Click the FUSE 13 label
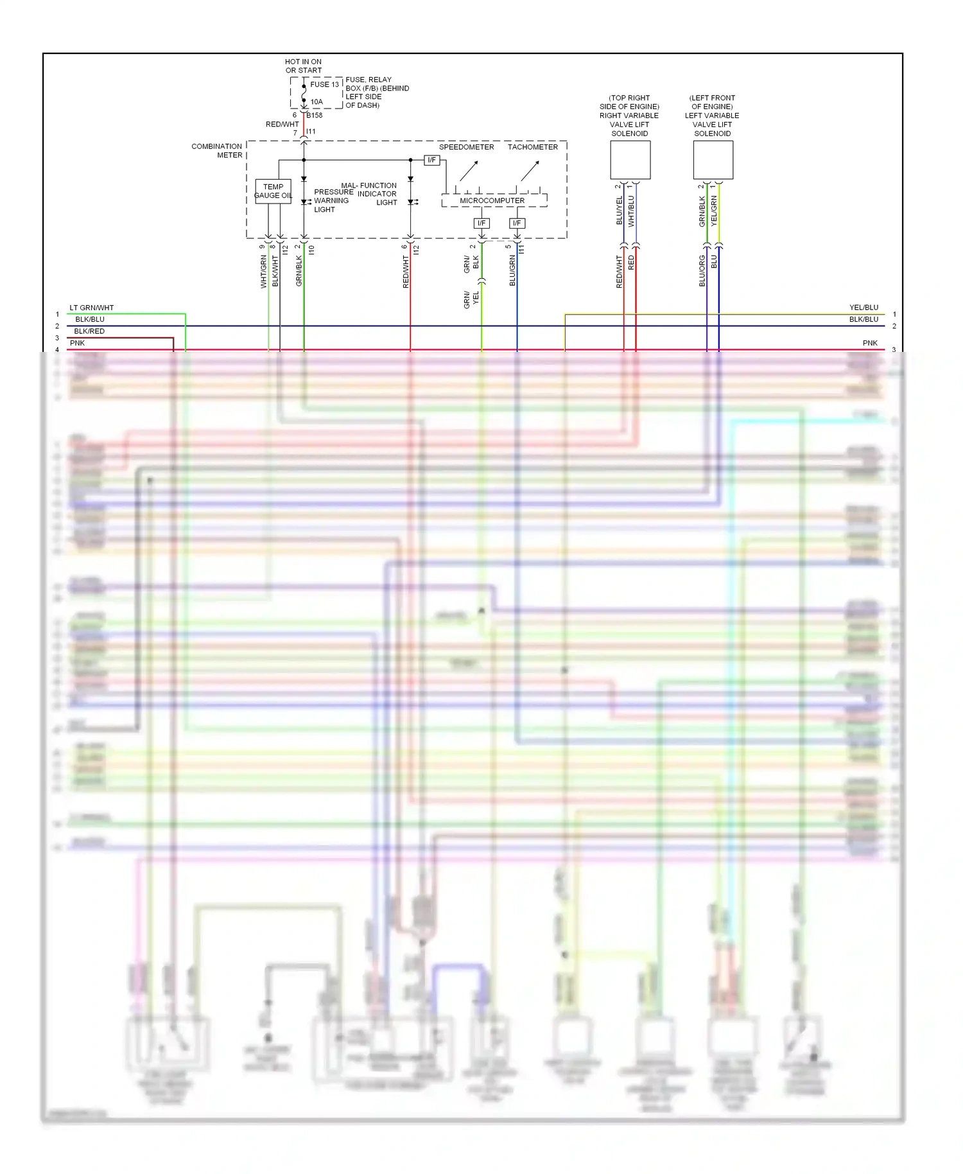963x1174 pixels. [x=324, y=84]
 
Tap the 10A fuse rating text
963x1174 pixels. [x=317, y=101]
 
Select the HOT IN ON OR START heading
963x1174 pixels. [x=303, y=66]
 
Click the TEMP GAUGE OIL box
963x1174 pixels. [x=273, y=191]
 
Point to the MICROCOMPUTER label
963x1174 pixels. [x=492, y=200]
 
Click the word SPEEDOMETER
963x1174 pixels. [x=466, y=147]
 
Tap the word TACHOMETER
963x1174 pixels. [x=533, y=147]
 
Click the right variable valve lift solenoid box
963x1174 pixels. [x=630, y=160]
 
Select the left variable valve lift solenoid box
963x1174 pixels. [x=713, y=160]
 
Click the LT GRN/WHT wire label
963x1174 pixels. [x=91, y=308]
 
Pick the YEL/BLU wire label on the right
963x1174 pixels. [x=863, y=308]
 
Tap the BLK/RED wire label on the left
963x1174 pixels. [x=89, y=331]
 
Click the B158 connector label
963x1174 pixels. [x=315, y=116]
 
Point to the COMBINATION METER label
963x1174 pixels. [x=217, y=151]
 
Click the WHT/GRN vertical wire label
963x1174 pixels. [x=263, y=271]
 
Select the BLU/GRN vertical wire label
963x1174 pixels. [x=512, y=270]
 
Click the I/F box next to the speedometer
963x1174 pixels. [x=431, y=160]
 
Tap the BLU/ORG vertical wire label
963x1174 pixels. [x=702, y=270]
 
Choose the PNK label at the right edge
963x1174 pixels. [x=870, y=343]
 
